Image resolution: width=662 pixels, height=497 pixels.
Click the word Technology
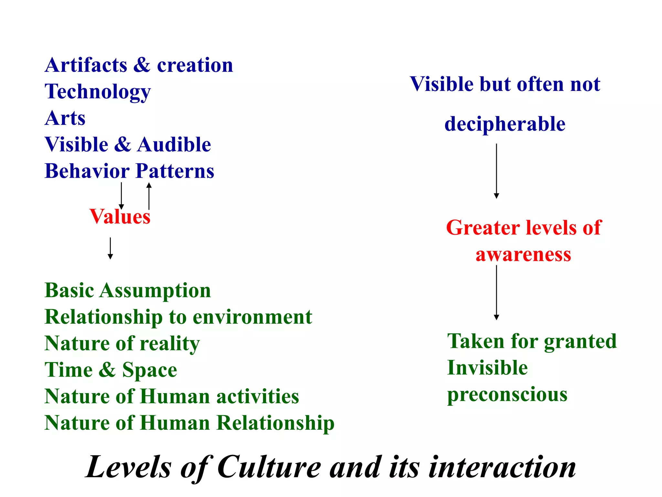click(x=98, y=92)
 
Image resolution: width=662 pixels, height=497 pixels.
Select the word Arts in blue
click(x=65, y=118)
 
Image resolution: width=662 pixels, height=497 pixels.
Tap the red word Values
click(x=120, y=216)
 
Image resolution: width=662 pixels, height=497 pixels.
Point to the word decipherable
click(x=505, y=124)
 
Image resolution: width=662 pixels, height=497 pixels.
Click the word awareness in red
click(x=523, y=255)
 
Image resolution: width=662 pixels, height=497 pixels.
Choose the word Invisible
click(x=487, y=368)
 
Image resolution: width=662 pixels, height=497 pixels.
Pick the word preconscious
click(x=507, y=395)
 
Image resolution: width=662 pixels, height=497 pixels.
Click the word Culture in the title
click(x=269, y=467)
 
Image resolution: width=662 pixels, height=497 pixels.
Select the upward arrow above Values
click(x=149, y=196)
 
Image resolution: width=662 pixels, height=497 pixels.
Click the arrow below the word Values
click(x=110, y=248)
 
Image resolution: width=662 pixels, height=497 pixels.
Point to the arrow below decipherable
click(x=496, y=171)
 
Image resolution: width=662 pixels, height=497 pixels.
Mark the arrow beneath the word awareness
click(x=496, y=293)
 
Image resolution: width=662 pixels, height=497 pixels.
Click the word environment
click(x=252, y=317)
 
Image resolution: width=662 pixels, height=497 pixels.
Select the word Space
click(x=150, y=370)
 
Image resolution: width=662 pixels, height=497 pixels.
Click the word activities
click(x=258, y=397)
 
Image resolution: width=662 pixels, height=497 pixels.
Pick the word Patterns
click(x=175, y=171)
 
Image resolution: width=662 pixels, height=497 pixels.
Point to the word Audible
click(x=174, y=145)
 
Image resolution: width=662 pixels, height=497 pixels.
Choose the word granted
click(x=580, y=342)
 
